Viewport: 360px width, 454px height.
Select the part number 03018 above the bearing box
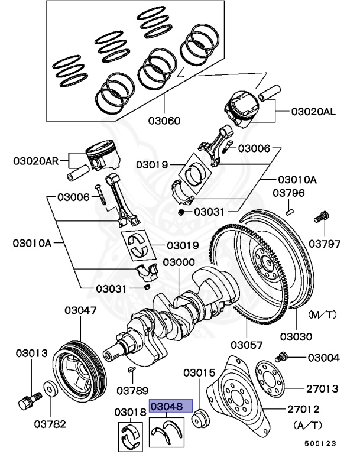point(129,412)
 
